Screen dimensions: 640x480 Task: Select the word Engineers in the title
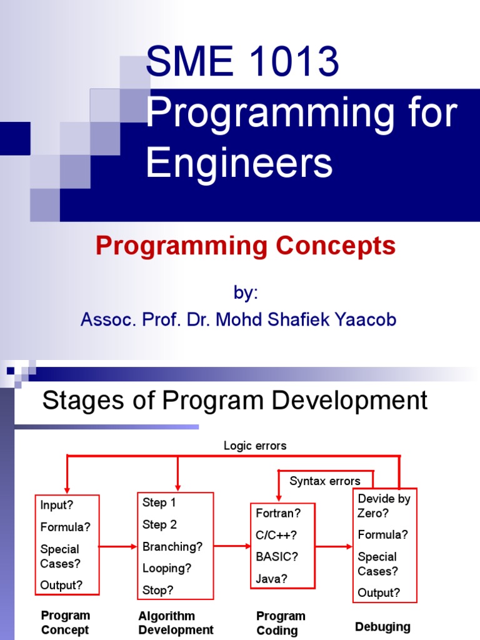point(239,164)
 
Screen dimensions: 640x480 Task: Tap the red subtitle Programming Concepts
point(246,246)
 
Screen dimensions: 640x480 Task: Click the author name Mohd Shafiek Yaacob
point(306,320)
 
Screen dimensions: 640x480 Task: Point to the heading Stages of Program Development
point(234,401)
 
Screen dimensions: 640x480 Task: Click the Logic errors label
point(255,446)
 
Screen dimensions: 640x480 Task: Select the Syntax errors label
point(324,481)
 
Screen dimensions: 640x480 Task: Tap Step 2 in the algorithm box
point(159,524)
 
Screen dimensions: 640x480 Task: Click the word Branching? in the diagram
point(172,546)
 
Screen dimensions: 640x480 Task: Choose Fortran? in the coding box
point(278,513)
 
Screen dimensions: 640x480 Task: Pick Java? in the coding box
point(272,579)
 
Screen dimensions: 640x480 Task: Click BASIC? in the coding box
point(277,557)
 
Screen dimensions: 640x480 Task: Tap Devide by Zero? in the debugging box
point(384,506)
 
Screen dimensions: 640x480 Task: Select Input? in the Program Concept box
point(57,505)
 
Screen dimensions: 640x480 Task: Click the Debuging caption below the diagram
point(382,626)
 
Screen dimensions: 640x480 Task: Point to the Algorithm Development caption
point(176,622)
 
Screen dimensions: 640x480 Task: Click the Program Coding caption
point(281,622)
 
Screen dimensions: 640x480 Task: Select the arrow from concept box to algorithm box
point(118,547)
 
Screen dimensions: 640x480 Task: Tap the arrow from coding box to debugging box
point(334,547)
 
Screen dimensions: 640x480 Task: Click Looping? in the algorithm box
point(167,568)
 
